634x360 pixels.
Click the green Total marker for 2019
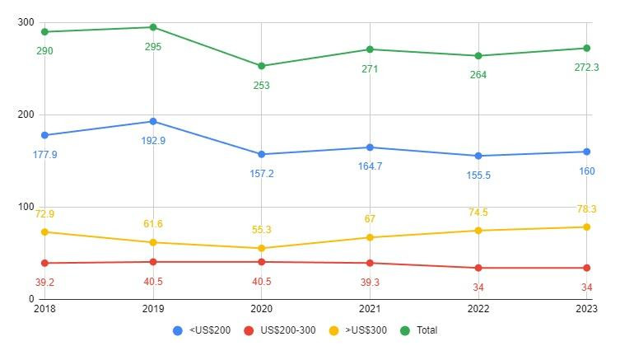click(x=153, y=27)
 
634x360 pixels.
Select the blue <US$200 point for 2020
click(x=262, y=154)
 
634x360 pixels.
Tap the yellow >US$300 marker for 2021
click(x=370, y=237)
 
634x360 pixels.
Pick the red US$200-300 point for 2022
click(x=478, y=268)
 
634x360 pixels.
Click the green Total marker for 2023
click(x=587, y=48)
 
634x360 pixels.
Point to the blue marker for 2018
click(x=44, y=135)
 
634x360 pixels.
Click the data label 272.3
click(x=587, y=68)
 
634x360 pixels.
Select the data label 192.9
click(x=153, y=141)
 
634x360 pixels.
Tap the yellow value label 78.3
click(x=587, y=209)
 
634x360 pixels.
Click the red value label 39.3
click(x=370, y=282)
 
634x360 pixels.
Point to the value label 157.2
click(x=262, y=174)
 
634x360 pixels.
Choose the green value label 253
click(x=262, y=86)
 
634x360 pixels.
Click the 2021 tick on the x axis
click(x=370, y=309)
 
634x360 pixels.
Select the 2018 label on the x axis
click(x=44, y=309)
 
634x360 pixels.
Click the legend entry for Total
click(x=420, y=330)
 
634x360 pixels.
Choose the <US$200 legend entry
click(x=201, y=330)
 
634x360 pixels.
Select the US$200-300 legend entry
click(x=279, y=330)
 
